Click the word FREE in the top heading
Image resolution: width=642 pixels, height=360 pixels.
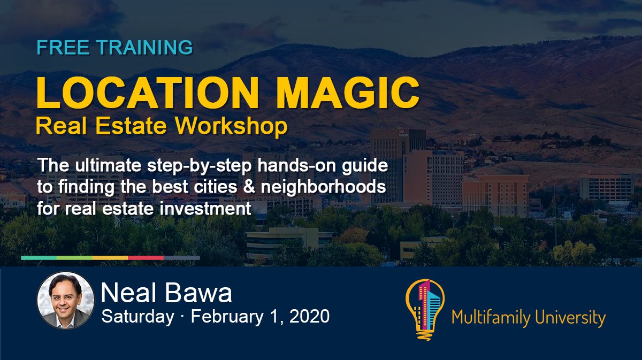[63, 47]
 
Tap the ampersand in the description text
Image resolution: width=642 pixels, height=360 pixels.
[248, 187]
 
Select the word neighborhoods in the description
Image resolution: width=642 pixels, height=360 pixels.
[323, 187]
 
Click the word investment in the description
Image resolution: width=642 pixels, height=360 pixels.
[205, 208]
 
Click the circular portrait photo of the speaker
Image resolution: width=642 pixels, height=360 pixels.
[66, 300]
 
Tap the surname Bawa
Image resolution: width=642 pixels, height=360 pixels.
[198, 293]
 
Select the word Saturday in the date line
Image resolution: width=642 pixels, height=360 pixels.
[138, 317]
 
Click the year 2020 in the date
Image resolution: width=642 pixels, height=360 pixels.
[310, 316]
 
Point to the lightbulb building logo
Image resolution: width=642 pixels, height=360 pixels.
[425, 310]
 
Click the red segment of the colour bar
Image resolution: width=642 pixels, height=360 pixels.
[146, 258]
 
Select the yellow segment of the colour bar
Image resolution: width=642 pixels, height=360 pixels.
[110, 258]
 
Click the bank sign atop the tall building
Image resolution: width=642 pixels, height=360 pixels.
[403, 133]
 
